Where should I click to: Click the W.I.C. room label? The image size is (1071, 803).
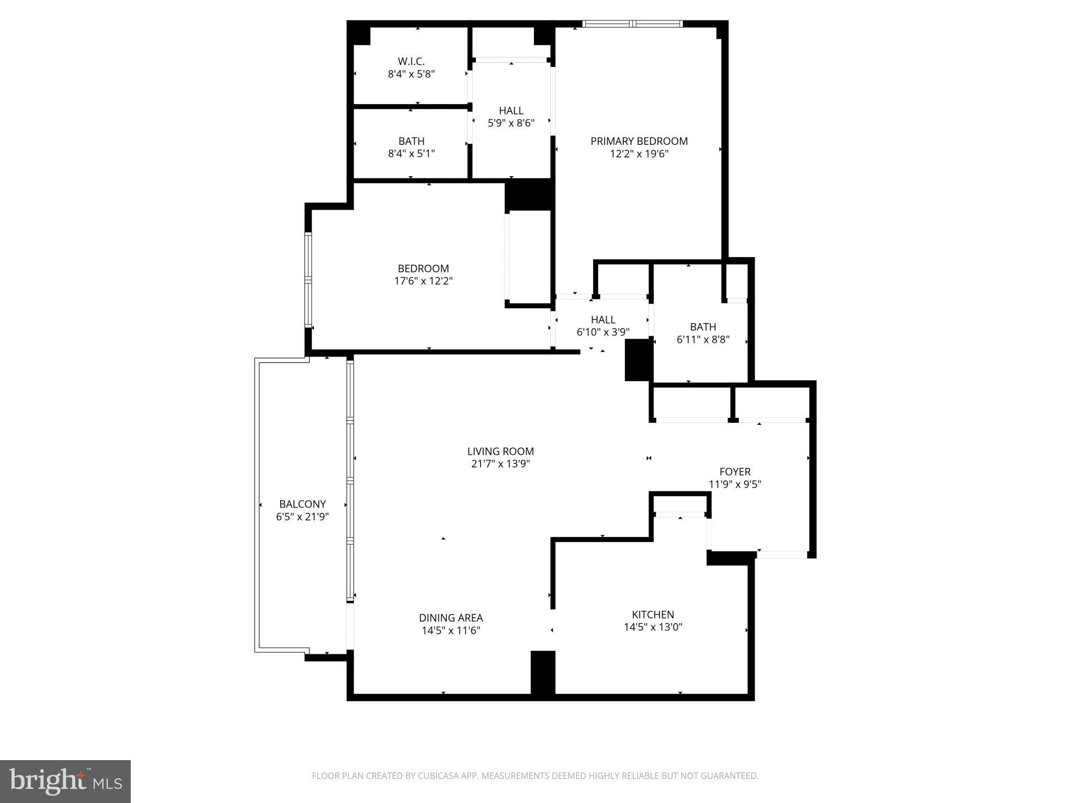click(x=411, y=62)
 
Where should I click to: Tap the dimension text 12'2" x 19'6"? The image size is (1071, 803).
click(x=639, y=154)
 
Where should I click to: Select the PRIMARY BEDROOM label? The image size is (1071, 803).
click(x=639, y=141)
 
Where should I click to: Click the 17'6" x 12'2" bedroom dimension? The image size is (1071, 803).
click(x=423, y=281)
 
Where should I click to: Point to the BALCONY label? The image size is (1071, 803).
click(x=302, y=504)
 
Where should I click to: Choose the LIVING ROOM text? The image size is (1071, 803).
click(x=500, y=451)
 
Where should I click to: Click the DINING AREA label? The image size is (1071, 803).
click(x=451, y=618)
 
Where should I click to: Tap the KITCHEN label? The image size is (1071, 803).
click(x=653, y=615)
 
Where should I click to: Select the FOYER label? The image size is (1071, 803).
click(x=735, y=472)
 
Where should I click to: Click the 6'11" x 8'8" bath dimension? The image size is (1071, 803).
click(x=703, y=340)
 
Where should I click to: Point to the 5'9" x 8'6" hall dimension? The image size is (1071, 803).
click(x=511, y=123)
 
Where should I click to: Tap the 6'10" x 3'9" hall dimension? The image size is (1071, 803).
click(x=603, y=332)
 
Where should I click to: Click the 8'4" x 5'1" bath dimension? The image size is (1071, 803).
click(x=411, y=154)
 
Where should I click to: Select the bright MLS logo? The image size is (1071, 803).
click(x=65, y=781)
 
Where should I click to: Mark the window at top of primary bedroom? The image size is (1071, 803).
click(x=633, y=24)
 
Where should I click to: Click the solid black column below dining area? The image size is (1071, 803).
click(x=543, y=672)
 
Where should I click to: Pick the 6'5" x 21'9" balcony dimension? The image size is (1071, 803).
click(x=302, y=517)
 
